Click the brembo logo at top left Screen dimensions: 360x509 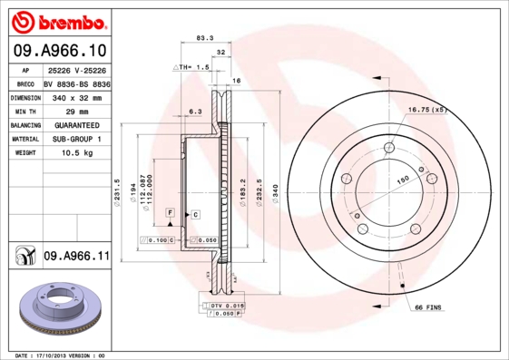click(57, 20)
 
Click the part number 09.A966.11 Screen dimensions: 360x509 click(76, 257)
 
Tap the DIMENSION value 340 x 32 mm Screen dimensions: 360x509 click(76, 96)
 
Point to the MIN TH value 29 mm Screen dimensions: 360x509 click(76, 111)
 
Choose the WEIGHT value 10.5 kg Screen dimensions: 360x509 click(76, 154)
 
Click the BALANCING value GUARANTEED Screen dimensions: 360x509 click(76, 125)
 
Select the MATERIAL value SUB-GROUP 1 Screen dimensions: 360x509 click(76, 140)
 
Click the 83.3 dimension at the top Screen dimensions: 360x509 click(205, 38)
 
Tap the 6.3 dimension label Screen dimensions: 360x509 click(193, 112)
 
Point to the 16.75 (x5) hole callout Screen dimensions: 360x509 click(427, 110)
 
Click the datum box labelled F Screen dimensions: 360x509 click(169, 211)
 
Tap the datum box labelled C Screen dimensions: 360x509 click(195, 214)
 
